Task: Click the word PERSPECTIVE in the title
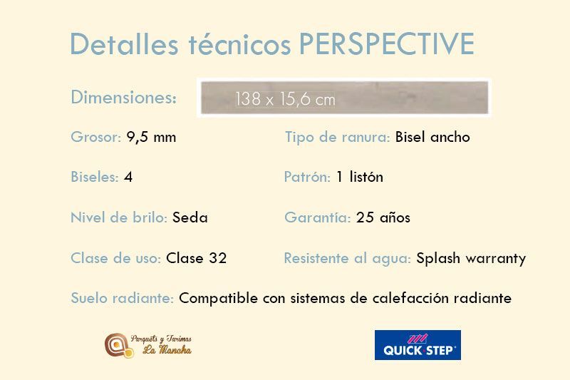tap(386, 44)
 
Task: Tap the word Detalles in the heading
tap(124, 44)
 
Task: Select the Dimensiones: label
tap(123, 98)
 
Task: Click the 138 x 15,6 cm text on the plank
tap(285, 99)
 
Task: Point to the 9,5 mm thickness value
tap(151, 138)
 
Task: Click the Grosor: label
tap(95, 137)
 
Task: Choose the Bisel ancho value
tap(432, 137)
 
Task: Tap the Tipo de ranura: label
tap(337, 137)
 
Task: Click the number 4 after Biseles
tap(128, 177)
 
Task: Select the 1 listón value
tap(360, 177)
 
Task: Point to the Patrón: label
tap(307, 177)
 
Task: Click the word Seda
tap(190, 217)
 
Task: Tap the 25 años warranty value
tap(383, 217)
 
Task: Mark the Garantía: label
tap(318, 217)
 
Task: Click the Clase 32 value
tap(197, 258)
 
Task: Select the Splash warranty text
tap(471, 259)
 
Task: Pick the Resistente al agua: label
tap(348, 258)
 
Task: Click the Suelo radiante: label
tap(122, 298)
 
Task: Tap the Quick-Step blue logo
tap(418, 345)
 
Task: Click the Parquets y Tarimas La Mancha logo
tap(148, 345)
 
